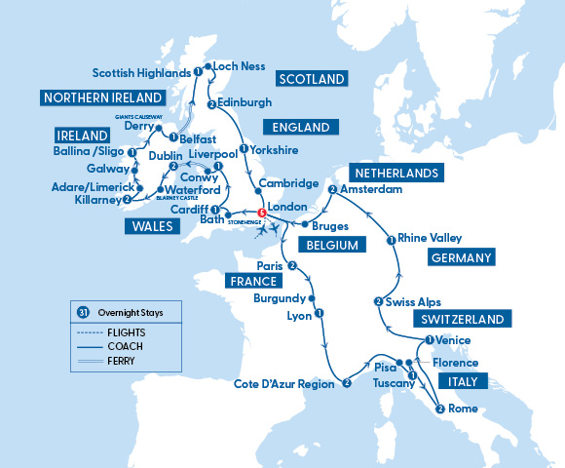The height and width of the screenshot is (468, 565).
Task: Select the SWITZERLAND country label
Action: click(464, 320)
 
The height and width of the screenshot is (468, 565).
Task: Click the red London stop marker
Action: click(260, 214)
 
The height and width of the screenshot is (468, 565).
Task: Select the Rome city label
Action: click(463, 409)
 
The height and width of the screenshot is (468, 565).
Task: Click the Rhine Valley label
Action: click(430, 238)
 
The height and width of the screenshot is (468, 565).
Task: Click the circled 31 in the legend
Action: click(82, 312)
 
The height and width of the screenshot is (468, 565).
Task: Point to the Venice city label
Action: click(453, 340)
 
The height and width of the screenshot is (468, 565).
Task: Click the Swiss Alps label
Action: click(414, 302)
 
